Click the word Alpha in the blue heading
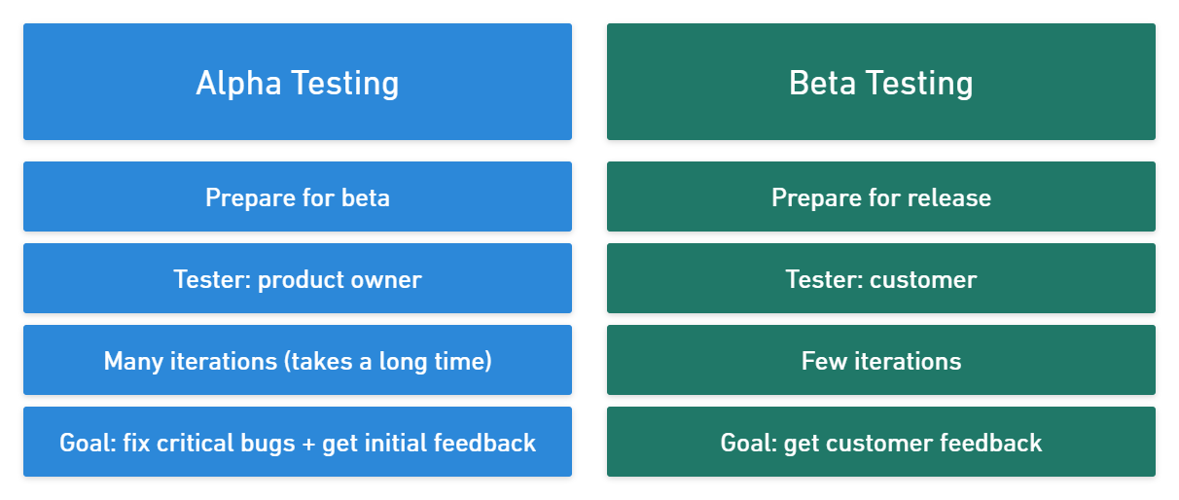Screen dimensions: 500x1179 (239, 83)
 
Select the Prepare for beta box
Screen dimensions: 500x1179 (298, 197)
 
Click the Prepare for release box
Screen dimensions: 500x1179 (881, 197)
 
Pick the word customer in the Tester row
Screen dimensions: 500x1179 (923, 280)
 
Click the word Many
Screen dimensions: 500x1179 (131, 362)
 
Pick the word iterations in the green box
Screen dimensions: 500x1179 (904, 362)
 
